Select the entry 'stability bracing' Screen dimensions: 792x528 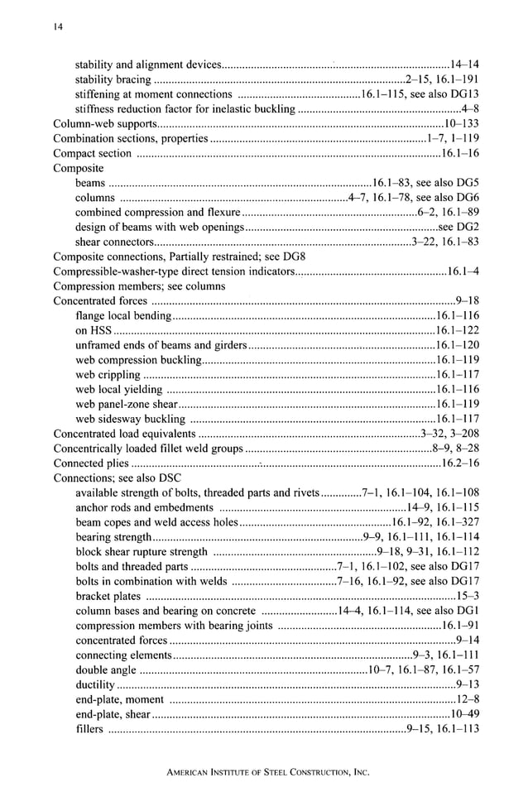click(113, 79)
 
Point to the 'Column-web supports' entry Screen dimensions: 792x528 click(100, 124)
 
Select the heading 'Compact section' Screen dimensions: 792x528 click(92, 154)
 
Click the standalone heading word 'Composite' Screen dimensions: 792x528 click(78, 168)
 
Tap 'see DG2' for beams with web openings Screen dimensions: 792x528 click(459, 227)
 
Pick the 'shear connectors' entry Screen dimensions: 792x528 click(114, 242)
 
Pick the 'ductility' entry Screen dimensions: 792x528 click(95, 684)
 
